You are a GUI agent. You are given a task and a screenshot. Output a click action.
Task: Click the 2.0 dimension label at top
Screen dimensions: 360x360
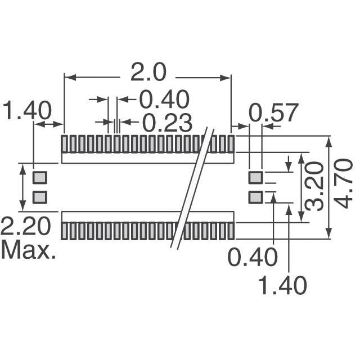(x=148, y=73)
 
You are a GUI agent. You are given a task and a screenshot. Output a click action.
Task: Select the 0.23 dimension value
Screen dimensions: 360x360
(x=168, y=123)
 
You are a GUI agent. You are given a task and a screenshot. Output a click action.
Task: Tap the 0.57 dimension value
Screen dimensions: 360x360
(x=274, y=112)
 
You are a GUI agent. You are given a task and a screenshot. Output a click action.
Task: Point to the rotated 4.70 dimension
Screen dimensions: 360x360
(x=343, y=184)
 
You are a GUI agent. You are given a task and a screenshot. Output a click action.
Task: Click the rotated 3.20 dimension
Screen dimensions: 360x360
(x=314, y=187)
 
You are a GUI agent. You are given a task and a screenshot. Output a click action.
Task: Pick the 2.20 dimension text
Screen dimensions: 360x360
(x=26, y=226)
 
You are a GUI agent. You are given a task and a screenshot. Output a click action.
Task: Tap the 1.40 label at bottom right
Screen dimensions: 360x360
(x=282, y=285)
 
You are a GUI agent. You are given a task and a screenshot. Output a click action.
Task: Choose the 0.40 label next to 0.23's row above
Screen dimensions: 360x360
(x=164, y=99)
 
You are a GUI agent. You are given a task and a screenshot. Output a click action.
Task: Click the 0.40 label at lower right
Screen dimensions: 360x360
(x=253, y=257)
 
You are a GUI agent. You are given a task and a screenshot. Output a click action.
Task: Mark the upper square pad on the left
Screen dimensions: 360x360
(x=40, y=178)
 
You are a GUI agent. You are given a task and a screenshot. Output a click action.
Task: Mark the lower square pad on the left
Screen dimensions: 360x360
(x=40, y=197)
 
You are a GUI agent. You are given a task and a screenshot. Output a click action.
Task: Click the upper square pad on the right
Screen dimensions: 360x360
(x=256, y=178)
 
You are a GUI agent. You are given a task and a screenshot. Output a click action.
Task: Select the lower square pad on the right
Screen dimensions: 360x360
(x=256, y=197)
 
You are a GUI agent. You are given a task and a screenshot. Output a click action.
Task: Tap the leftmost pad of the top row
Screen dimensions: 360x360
(x=64, y=144)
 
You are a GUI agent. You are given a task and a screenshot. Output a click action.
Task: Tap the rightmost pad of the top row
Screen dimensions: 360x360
(x=231, y=144)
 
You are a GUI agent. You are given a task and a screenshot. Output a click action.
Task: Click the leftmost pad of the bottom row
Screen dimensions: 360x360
(x=64, y=231)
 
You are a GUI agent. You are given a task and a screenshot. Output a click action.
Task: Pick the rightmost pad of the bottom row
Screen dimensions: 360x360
(x=231, y=231)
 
